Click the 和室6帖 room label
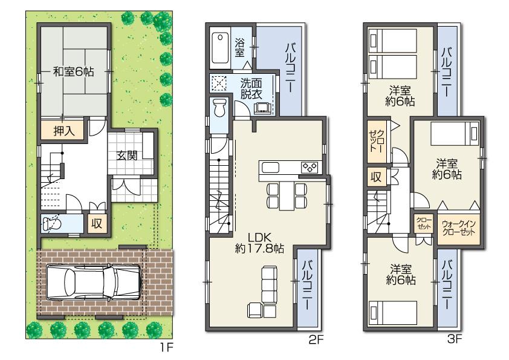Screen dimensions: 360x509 [73, 71]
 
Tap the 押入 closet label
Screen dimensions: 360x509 [59, 131]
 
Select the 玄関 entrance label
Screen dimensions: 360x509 [127, 155]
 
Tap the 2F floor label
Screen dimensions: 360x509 [316, 340]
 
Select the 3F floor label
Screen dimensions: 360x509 [455, 340]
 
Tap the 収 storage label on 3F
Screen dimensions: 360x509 [375, 177]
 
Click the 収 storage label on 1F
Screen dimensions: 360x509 [97, 223]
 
